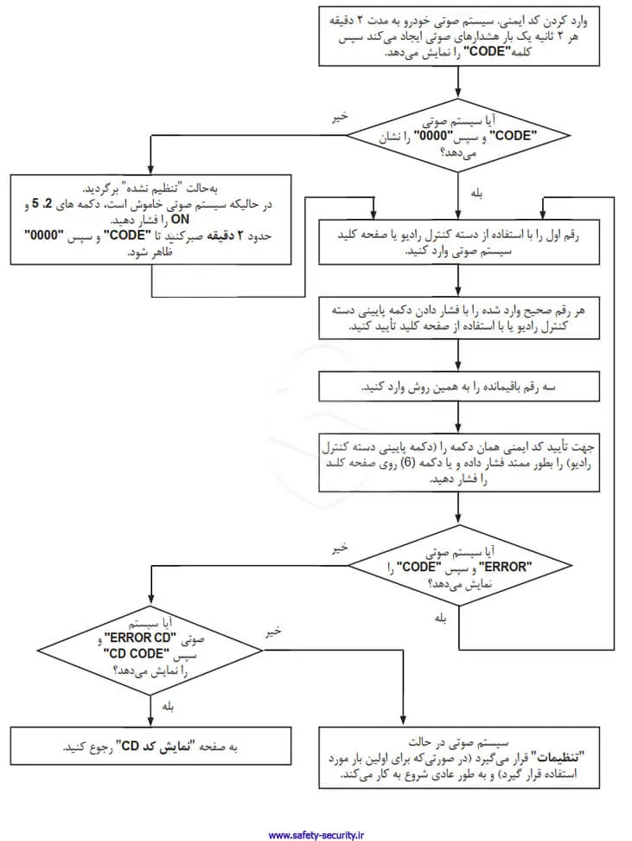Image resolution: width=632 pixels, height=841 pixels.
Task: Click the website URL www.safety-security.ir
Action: click(x=316, y=835)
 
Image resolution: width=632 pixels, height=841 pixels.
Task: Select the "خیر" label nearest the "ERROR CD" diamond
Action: click(x=272, y=632)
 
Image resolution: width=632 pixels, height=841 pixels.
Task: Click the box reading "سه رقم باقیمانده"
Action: click(x=458, y=385)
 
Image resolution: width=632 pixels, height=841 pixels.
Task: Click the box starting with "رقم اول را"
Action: click(x=458, y=242)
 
